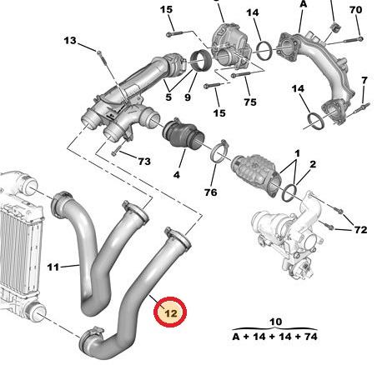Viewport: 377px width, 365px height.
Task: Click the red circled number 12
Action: click(170, 312)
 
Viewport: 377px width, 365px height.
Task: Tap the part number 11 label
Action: click(53, 267)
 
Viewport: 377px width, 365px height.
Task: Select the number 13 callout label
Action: click(70, 41)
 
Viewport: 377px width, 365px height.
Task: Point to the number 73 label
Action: click(144, 162)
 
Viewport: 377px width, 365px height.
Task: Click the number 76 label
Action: click(210, 192)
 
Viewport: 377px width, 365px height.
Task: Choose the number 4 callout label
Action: click(177, 175)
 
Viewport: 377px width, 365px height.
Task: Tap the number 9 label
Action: click(188, 97)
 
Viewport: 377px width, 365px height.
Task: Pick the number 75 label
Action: click(250, 102)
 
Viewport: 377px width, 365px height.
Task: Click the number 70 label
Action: click(355, 10)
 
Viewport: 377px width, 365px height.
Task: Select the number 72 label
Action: click(360, 230)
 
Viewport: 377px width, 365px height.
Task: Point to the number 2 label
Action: click(313, 164)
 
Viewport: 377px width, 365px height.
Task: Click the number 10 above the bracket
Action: click(275, 322)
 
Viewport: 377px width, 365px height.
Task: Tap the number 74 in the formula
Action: click(310, 337)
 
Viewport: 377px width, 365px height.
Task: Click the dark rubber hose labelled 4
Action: click(183, 135)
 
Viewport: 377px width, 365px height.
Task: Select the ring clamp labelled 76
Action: click(219, 152)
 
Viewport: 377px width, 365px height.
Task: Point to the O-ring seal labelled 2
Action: click(289, 192)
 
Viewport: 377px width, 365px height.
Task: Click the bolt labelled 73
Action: click(118, 149)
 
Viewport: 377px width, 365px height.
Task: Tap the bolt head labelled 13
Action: click(99, 52)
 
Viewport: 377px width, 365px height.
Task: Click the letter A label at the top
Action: click(303, 4)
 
